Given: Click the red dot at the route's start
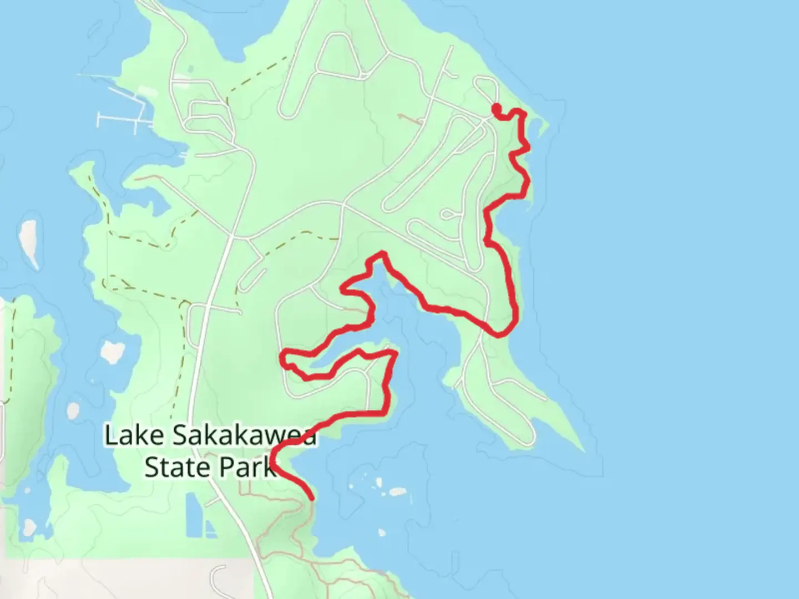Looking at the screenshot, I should (497, 108).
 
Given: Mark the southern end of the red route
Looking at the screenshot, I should (312, 498).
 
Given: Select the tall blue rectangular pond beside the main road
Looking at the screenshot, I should (191, 515).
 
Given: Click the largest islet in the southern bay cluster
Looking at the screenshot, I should (397, 491).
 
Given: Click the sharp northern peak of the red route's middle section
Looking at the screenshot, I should (382, 254).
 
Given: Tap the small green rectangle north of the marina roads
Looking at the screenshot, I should (191, 69).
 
